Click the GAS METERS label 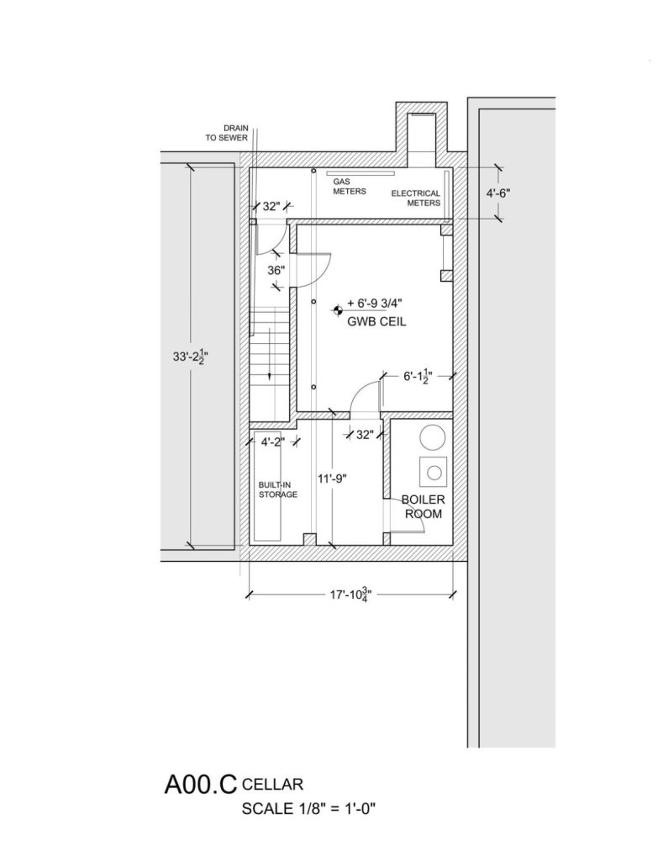pyautogui.click(x=350, y=187)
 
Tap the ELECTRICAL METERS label pyautogui.click(x=416, y=198)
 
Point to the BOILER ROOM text pyautogui.click(x=424, y=507)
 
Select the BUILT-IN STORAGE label pyautogui.click(x=277, y=489)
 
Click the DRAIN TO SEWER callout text pyautogui.click(x=227, y=133)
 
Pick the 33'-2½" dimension pyautogui.click(x=190, y=356)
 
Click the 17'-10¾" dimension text pyautogui.click(x=351, y=595)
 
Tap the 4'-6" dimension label pyautogui.click(x=498, y=193)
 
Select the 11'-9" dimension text pyautogui.click(x=332, y=479)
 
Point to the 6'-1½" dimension pyautogui.click(x=418, y=376)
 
